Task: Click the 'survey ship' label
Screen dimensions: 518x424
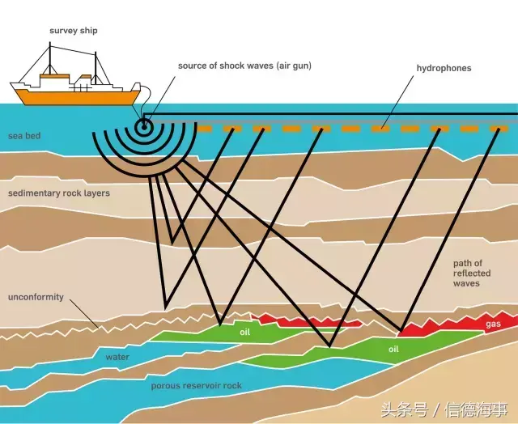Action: [x=74, y=31]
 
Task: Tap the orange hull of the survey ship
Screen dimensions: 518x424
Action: [x=79, y=97]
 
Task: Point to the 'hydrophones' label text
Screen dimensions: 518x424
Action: [x=444, y=68]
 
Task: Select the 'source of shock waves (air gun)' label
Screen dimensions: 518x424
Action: [x=244, y=66]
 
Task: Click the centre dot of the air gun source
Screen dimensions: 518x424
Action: [x=144, y=126]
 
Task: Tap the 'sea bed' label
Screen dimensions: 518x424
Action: [x=24, y=136]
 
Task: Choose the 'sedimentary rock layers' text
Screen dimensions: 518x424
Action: [x=59, y=193]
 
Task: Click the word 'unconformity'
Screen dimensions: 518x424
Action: [x=36, y=297]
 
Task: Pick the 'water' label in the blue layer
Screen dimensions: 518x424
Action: [x=117, y=357]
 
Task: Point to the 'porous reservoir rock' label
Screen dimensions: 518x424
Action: [x=196, y=386]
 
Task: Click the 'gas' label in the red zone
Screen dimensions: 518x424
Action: [x=493, y=324]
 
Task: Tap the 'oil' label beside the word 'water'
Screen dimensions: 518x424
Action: [x=244, y=332]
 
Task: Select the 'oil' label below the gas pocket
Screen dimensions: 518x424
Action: [x=393, y=349]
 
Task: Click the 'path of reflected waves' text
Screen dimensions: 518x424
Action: [x=472, y=273]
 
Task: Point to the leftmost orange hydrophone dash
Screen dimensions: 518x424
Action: [x=203, y=129]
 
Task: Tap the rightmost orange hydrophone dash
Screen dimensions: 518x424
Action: [x=499, y=129]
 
